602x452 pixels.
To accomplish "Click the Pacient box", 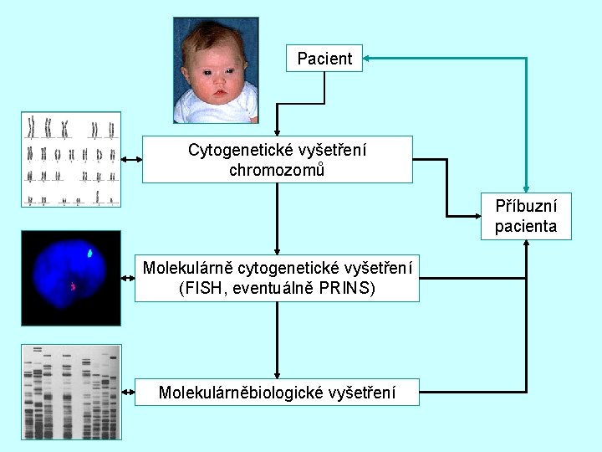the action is click(324, 59).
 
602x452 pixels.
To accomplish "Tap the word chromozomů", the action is click(277, 170).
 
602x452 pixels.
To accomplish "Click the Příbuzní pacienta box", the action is click(526, 216).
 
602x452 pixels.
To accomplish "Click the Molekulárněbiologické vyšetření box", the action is click(277, 392).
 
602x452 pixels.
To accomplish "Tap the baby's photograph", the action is click(216, 70).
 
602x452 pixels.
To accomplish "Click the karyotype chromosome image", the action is click(71, 159).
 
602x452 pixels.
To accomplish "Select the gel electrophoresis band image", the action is click(71, 391).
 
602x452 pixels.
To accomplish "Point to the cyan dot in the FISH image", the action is click(90, 250).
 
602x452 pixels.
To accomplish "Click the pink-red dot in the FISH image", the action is click(74, 287).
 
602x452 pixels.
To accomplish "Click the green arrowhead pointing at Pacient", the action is click(370, 59).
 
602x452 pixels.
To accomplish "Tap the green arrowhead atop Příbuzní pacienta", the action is click(526, 188).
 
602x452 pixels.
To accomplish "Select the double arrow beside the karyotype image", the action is click(131, 159).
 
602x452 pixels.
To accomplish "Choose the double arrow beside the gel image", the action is click(128, 391).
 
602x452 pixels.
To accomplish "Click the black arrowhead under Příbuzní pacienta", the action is click(526, 244).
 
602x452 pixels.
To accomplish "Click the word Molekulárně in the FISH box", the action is click(188, 269).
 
